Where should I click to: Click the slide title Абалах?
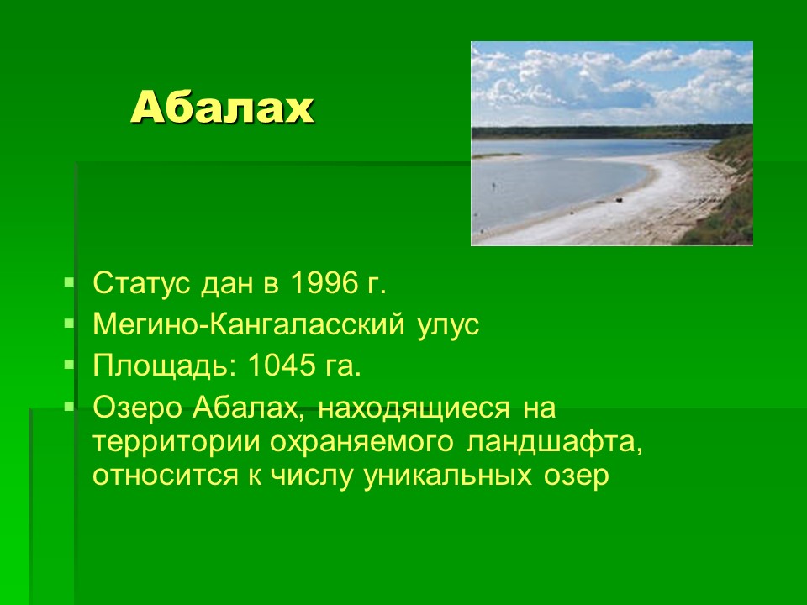pyautogui.click(x=222, y=108)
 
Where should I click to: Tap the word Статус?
pyautogui.click(x=141, y=283)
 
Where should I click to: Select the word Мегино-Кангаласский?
pyautogui.click(x=249, y=324)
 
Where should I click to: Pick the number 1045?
pyautogui.click(x=281, y=366)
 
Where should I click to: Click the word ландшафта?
pyautogui.click(x=553, y=443)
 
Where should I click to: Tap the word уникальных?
pyautogui.click(x=447, y=476)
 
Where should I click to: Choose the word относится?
pyautogui.click(x=166, y=476)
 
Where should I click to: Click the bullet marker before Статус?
pyautogui.click(x=69, y=282)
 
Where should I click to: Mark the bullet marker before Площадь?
pyautogui.click(x=69, y=366)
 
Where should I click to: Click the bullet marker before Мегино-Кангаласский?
pyautogui.click(x=69, y=324)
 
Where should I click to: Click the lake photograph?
pyautogui.click(x=612, y=143)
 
